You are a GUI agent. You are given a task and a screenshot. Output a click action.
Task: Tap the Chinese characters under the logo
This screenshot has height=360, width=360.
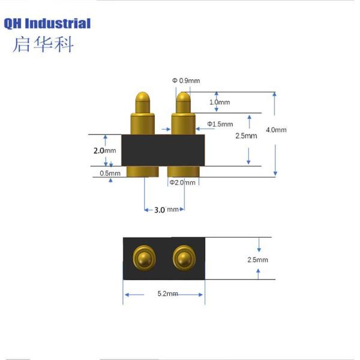click(x=42, y=44)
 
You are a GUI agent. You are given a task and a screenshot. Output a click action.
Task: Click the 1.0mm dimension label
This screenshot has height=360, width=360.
click(x=220, y=103)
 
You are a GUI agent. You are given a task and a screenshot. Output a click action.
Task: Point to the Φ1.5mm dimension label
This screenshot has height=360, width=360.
click(x=220, y=124)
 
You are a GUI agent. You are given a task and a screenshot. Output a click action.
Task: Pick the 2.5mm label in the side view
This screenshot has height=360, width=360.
click(x=246, y=136)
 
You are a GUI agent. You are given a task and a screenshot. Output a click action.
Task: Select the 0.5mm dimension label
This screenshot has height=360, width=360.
click(x=110, y=173)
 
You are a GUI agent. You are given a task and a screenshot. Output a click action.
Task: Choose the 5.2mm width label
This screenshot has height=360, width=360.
click(x=167, y=294)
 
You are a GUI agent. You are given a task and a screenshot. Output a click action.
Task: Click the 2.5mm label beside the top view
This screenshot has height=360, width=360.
click(x=257, y=260)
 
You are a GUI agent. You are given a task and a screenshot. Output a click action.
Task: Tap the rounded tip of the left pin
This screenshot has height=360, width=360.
click(x=143, y=98)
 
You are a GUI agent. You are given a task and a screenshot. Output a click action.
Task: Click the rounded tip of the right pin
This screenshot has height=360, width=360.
click(x=183, y=98)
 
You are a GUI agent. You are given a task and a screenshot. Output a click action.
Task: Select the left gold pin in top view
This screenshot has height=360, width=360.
click(x=143, y=259)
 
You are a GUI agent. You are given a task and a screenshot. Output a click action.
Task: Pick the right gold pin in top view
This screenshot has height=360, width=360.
click(x=182, y=259)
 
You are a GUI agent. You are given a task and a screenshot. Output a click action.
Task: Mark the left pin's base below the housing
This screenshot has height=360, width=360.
click(x=143, y=172)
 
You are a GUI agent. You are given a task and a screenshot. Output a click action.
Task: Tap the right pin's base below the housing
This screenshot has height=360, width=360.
click(x=183, y=172)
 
